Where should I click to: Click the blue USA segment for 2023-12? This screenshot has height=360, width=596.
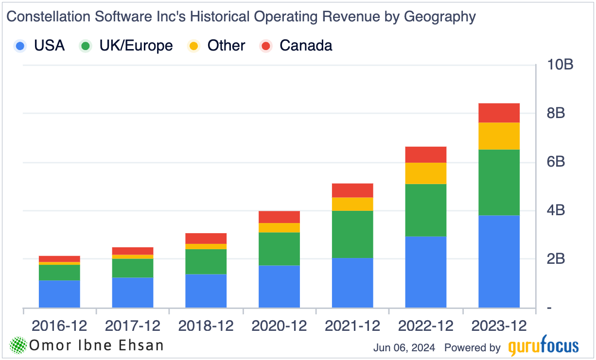point(499,261)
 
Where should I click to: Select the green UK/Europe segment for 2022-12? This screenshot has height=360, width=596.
point(426,210)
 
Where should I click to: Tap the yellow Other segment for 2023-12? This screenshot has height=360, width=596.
point(499,136)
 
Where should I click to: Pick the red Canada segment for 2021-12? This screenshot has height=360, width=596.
point(352,190)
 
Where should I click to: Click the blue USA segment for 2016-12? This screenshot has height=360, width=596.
point(59,294)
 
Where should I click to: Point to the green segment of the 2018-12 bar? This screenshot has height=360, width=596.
point(206,261)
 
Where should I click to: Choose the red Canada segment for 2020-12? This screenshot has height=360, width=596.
point(279,217)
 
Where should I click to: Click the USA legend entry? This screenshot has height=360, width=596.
point(40,46)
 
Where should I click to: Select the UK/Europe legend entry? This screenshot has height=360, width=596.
point(126,46)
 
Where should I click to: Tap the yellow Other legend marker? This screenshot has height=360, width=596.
point(193,46)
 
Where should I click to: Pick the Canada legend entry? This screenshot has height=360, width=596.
point(297,46)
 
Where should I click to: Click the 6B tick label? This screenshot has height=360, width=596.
point(556,162)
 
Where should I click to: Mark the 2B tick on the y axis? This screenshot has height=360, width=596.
point(556,259)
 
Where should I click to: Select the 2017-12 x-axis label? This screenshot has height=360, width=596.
point(132,326)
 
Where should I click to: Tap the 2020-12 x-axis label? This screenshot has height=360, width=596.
point(279,326)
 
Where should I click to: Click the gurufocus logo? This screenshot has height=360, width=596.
point(543,347)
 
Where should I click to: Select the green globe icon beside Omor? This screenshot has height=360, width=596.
point(18,345)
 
